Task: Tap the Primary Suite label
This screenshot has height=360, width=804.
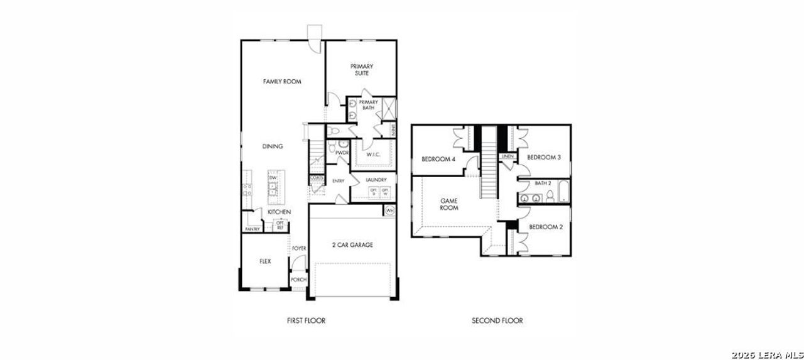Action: point(361,70)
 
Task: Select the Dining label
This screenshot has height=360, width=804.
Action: point(273,146)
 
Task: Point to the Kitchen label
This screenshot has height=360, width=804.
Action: point(279,213)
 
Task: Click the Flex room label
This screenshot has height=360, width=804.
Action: point(265,261)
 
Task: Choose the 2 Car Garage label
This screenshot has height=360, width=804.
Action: point(352,245)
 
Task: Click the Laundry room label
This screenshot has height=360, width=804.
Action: point(376,180)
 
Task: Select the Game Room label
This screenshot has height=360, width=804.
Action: point(448,204)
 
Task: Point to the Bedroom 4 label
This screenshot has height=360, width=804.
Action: point(438,159)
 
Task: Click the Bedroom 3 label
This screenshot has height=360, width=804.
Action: point(543,157)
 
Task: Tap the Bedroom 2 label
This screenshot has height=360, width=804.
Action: point(545,227)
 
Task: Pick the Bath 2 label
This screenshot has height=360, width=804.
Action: point(543,183)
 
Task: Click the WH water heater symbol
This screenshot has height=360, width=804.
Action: point(389,211)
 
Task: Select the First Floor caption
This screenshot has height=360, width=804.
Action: point(306,320)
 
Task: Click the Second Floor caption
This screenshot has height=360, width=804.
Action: point(497,320)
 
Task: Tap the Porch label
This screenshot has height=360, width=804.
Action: point(298,280)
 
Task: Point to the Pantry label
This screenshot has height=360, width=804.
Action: point(253,229)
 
